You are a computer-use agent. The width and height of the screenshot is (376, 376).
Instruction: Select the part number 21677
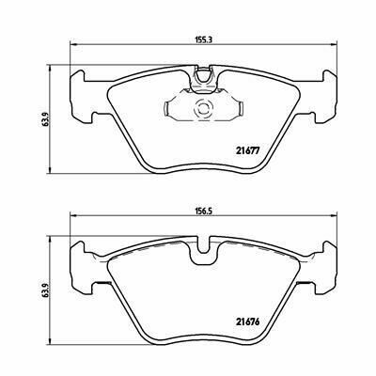point(248,150)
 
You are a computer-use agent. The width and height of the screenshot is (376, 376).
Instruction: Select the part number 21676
point(248,321)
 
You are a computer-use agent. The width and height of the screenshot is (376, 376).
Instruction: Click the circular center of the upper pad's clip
point(203,109)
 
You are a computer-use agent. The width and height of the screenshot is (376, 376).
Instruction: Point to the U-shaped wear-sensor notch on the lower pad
point(204,247)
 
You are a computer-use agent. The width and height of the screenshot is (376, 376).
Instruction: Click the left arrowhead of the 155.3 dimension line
point(71,45)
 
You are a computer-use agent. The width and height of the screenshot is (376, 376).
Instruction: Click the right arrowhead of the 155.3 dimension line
point(335,45)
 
